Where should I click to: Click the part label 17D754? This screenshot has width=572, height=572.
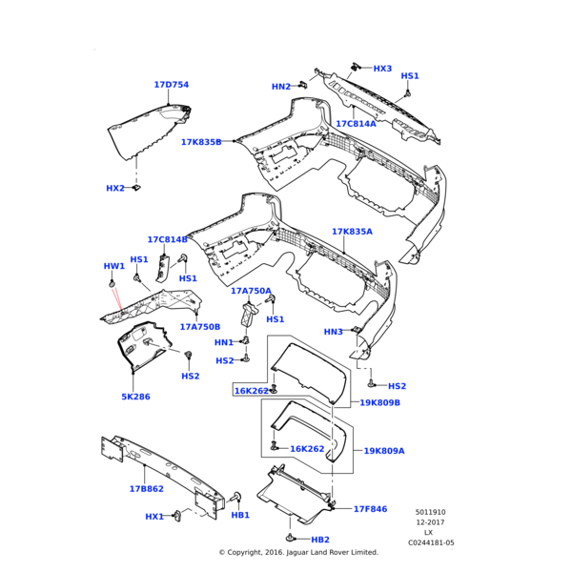[172, 85]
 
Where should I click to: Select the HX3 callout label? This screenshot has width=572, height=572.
[382, 69]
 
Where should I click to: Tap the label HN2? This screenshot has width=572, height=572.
[281, 87]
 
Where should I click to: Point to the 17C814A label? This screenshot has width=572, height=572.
[356, 124]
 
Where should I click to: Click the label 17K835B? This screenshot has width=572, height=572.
[201, 142]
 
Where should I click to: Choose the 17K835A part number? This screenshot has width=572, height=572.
[352, 232]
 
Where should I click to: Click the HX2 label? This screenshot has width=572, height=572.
[115, 189]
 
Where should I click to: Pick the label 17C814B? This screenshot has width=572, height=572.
[167, 239]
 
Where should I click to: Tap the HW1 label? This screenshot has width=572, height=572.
[113, 266]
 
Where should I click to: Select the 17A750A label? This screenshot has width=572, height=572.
[251, 291]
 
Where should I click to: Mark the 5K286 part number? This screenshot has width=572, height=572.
[135, 397]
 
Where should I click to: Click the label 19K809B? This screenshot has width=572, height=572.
[379, 403]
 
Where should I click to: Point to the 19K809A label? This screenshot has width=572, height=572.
[383, 451]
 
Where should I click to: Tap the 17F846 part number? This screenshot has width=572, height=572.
[370, 509]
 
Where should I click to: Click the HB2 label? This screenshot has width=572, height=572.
[319, 540]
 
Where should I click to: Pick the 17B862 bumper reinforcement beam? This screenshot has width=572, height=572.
[157, 472]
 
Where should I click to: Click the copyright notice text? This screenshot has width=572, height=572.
[298, 552]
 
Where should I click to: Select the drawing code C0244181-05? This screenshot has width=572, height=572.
[431, 543]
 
